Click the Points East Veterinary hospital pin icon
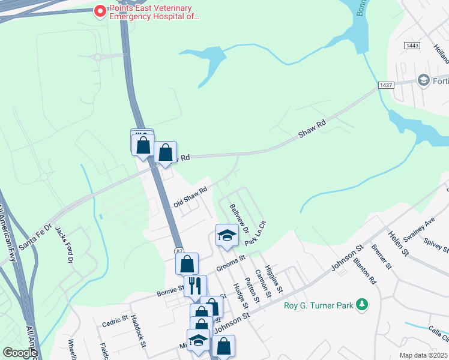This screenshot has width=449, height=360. click(x=100, y=11)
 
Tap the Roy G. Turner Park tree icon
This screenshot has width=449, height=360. click(x=361, y=305)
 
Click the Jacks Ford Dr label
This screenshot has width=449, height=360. click(x=64, y=244)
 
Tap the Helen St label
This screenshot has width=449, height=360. click(x=398, y=244)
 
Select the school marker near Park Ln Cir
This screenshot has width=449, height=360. click(x=227, y=235)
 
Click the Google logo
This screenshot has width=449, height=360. click(x=20, y=352)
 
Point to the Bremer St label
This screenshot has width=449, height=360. click(x=381, y=256)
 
